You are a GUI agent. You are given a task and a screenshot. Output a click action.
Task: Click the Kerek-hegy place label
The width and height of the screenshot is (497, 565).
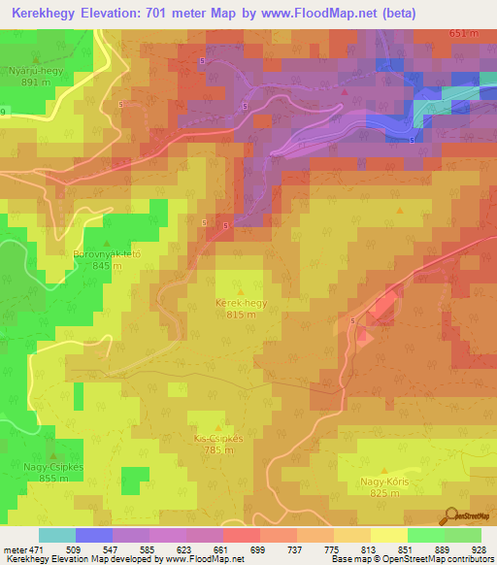tap(241, 303)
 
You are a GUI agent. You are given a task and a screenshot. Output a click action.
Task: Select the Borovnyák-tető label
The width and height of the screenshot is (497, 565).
tap(108, 254)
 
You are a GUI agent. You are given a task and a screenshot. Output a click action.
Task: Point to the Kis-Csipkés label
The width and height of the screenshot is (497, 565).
tap(217, 438)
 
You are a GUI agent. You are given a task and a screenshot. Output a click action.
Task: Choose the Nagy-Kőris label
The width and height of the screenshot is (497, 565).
tap(385, 482)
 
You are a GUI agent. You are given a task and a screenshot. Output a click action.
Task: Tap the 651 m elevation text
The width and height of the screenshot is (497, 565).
tap(464, 33)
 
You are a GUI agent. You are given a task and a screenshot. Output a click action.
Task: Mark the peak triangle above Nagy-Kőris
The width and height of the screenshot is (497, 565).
tap(384, 470)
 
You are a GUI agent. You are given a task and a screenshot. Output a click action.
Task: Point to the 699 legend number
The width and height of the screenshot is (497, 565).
tap(258, 549)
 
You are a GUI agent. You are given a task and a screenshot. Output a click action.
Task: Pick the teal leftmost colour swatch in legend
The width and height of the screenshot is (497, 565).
tap(56, 535)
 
